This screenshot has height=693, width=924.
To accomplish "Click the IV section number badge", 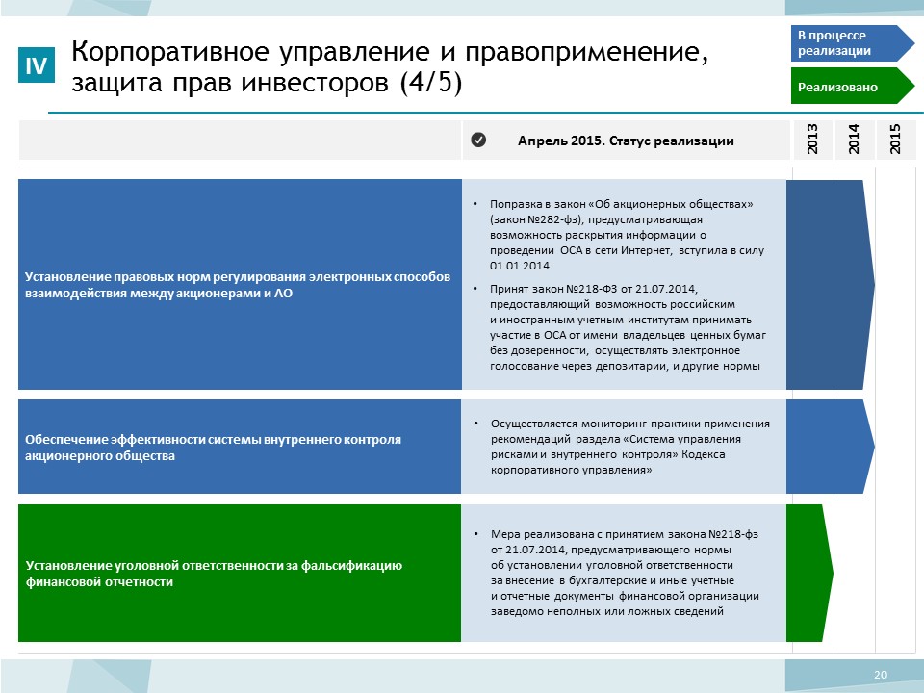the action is point(37,64).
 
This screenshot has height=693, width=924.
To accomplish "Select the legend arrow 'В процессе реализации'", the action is point(852,43).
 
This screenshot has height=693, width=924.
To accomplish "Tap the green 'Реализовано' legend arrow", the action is point(852,86).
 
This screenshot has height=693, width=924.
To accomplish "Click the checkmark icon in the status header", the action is point(478,140).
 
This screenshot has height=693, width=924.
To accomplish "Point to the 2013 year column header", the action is point(812,140).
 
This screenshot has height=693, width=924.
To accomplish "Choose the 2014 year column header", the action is point(854,140).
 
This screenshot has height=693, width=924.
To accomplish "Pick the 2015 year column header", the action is point(895,140).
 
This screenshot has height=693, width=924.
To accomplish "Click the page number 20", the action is point(881,675).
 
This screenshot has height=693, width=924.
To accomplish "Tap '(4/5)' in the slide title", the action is point(431,82).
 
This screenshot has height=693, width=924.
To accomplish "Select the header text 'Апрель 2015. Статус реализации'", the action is point(626,141).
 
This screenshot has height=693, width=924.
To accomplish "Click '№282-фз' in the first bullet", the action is point(554,219).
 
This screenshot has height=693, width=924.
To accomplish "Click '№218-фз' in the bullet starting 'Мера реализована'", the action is point(733,534).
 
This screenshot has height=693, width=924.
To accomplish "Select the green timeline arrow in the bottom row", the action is point(809,573).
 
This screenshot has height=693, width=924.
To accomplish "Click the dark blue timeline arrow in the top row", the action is point(831,285).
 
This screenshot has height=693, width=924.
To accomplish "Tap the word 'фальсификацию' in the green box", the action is point(352,566).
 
